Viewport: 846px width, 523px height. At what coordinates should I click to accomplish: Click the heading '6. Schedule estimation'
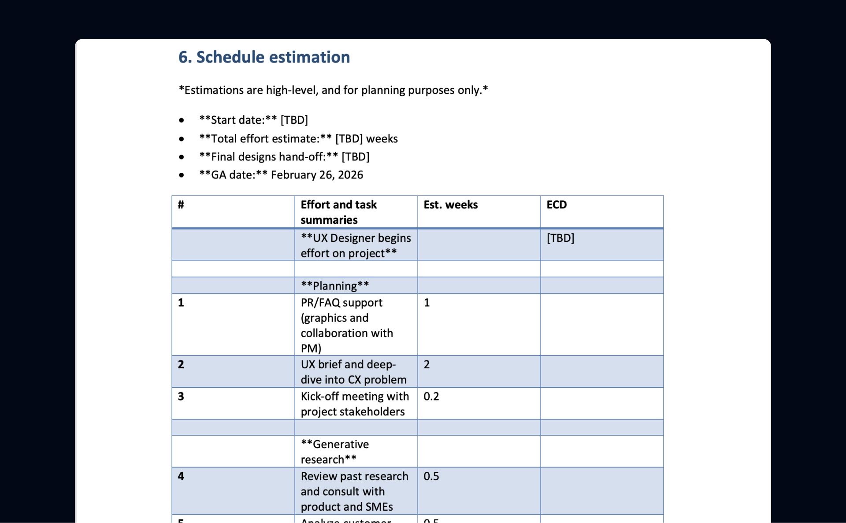tap(264, 57)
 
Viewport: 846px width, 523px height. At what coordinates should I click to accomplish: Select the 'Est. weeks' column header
tap(450, 205)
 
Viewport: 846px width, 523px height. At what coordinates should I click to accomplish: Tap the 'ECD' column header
tap(557, 205)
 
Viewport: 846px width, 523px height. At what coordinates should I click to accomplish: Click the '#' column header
tap(181, 205)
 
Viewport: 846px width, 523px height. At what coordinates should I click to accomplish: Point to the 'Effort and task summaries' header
tap(338, 212)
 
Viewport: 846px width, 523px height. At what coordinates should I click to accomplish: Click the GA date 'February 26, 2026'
tap(317, 175)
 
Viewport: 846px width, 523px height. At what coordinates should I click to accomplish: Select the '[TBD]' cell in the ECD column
tap(560, 238)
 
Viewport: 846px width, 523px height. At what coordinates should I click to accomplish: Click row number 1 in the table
tap(181, 303)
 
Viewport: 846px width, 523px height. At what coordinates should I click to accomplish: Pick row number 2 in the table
tap(181, 364)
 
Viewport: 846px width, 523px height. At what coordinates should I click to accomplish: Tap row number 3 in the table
tap(181, 396)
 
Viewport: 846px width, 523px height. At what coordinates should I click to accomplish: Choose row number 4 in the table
tap(181, 476)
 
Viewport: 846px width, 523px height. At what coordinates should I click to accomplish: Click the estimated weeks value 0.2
tap(431, 396)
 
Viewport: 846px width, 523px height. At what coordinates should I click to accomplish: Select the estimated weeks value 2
tap(427, 364)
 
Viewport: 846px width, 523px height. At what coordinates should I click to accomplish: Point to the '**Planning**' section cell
tap(335, 286)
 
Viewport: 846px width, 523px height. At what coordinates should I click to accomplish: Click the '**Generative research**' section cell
tap(335, 452)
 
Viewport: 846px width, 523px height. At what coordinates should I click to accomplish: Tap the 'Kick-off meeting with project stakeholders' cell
tap(355, 404)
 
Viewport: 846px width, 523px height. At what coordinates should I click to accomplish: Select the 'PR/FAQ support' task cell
tap(347, 325)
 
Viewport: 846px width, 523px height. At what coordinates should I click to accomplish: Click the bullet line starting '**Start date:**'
tap(253, 120)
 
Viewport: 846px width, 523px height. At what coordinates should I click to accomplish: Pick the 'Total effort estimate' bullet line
tap(298, 139)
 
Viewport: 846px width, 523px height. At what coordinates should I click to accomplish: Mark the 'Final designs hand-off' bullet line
tap(284, 157)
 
